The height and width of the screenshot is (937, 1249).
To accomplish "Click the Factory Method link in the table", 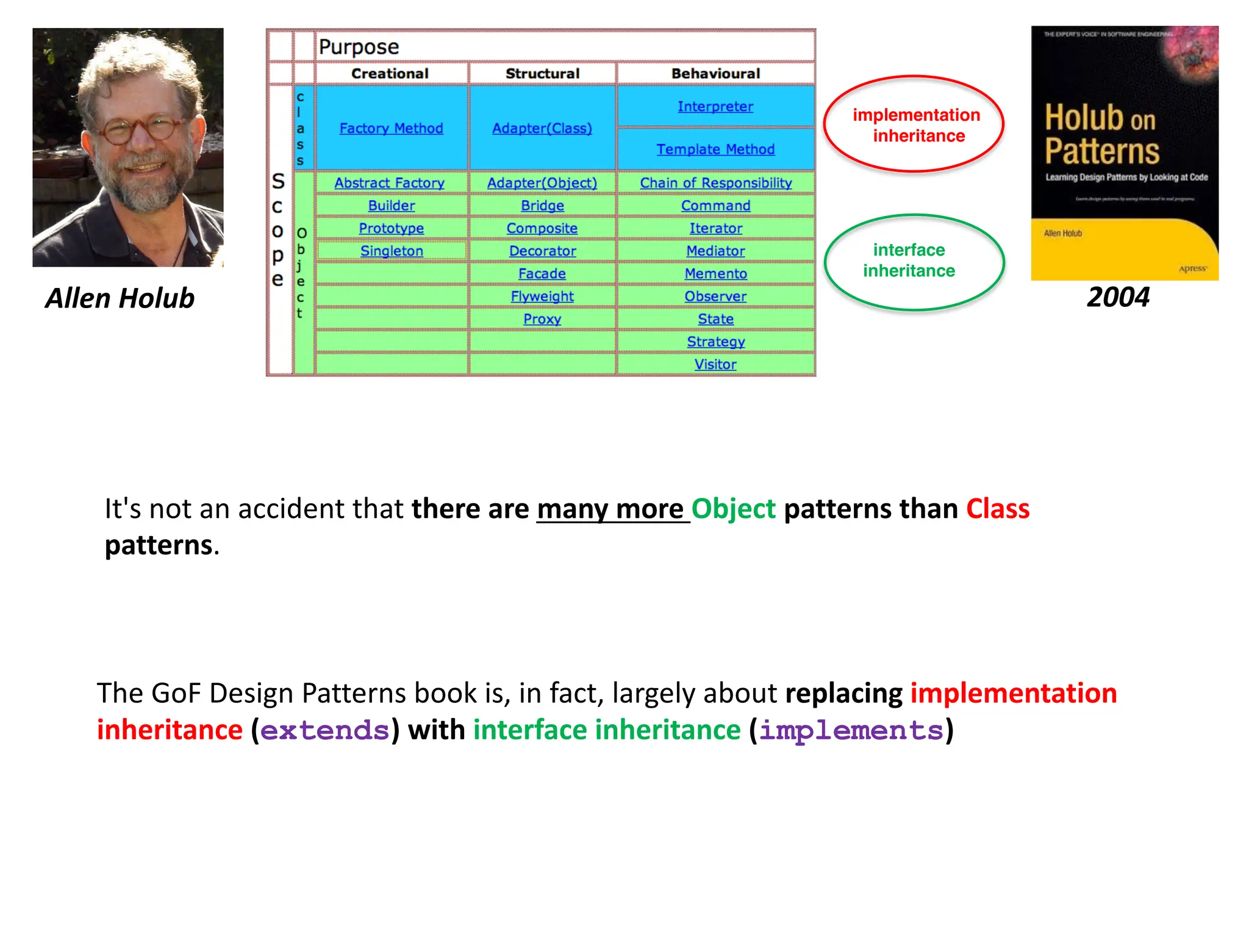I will (x=391, y=128).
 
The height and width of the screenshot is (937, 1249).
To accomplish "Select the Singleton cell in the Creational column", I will (x=392, y=251).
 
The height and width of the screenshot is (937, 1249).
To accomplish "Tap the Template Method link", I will (x=715, y=149).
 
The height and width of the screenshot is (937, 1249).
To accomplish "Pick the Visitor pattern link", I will (x=715, y=364).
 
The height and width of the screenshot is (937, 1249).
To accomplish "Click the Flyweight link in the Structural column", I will (x=542, y=296).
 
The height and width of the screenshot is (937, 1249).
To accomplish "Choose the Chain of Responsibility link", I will (x=715, y=183).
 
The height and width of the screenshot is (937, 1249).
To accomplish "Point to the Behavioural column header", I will (x=715, y=74).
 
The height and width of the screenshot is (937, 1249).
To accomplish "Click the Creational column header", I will (x=390, y=74).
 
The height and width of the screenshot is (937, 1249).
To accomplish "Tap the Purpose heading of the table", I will (x=359, y=47).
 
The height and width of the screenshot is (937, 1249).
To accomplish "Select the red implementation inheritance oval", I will (x=914, y=125).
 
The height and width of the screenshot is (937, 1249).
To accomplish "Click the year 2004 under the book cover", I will (x=1118, y=298).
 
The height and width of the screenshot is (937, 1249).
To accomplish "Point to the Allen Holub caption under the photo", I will (x=120, y=298).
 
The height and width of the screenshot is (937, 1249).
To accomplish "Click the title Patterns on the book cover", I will (x=1101, y=151).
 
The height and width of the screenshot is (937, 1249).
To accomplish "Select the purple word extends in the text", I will (x=325, y=730).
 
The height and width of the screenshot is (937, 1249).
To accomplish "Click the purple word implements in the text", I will (x=851, y=730).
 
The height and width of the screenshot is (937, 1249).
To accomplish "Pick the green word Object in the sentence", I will (x=733, y=509).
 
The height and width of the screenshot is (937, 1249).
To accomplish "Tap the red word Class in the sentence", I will (x=998, y=509).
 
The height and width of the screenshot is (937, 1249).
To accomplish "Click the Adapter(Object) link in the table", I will (x=542, y=183).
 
